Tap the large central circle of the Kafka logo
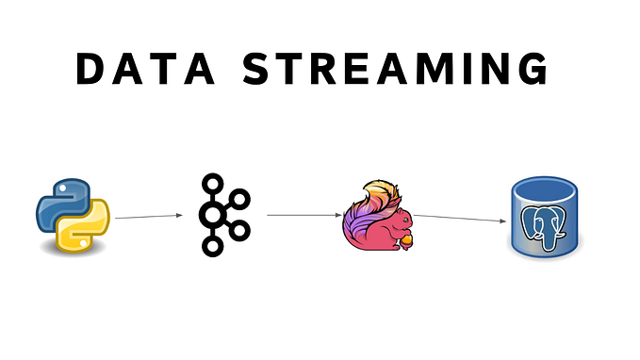coord(213,214)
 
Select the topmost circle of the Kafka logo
coord(212,181)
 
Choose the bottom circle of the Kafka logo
coord(212,247)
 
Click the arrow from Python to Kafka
coord(149,217)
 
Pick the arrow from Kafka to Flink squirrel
coord(303,215)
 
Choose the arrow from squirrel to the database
coord(461,219)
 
